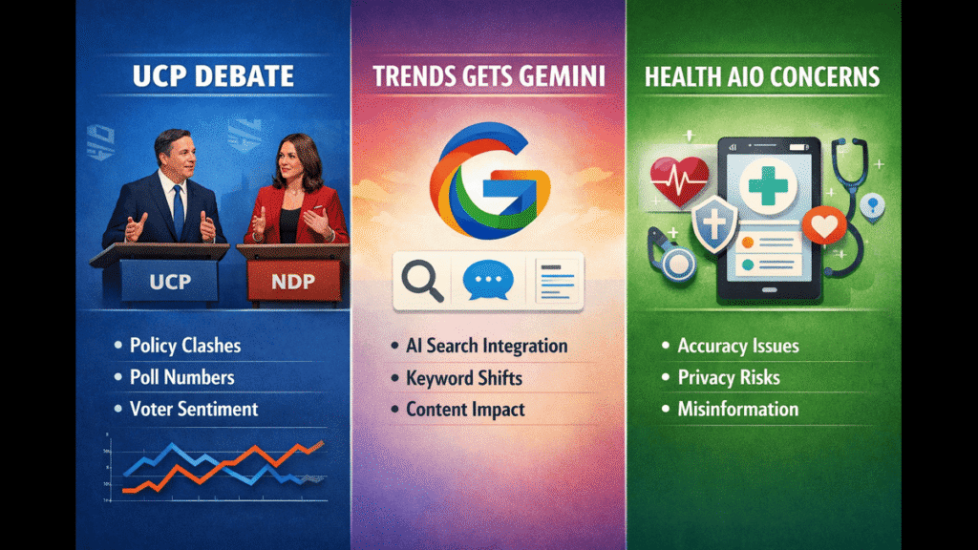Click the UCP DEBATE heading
click(213, 76)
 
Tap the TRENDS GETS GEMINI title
click(489, 76)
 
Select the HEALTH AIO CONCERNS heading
click(762, 76)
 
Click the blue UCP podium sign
click(170, 282)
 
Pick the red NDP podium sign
click(293, 282)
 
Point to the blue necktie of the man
click(179, 212)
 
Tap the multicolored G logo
click(490, 180)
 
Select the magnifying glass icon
click(422, 281)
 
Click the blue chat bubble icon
click(488, 280)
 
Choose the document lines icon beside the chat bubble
click(557, 282)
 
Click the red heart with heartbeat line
click(679, 180)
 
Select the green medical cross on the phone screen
click(768, 185)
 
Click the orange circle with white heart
click(824, 225)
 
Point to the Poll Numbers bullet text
click(182, 377)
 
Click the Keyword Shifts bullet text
click(464, 378)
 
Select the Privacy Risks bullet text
click(729, 377)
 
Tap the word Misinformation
click(738, 409)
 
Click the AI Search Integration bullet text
click(486, 346)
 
